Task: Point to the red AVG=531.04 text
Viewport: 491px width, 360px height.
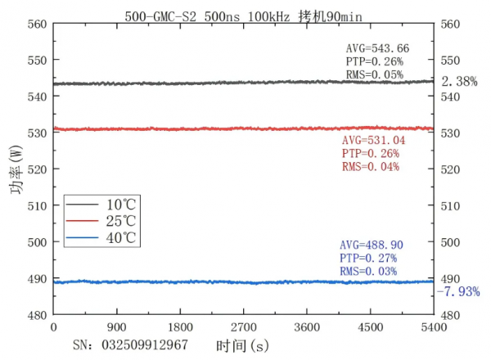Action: tap(372, 142)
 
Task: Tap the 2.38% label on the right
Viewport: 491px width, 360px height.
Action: tap(459, 82)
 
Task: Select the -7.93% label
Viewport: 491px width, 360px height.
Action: tap(457, 291)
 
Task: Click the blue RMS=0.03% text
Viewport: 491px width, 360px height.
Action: tap(368, 272)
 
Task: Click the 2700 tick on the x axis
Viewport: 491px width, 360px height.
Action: tap(243, 326)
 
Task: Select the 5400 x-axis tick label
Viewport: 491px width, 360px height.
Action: tap(433, 326)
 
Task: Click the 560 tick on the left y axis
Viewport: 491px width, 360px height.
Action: tap(37, 24)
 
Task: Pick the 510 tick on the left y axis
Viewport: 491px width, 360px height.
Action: tap(37, 205)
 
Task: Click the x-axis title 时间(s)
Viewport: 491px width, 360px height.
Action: tap(242, 346)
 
